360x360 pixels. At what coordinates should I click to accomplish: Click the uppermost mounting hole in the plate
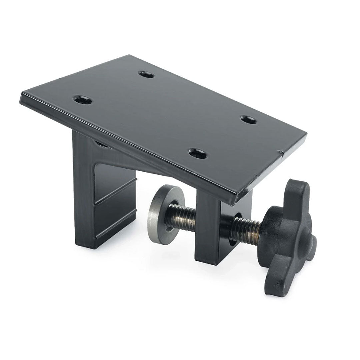point(146,74)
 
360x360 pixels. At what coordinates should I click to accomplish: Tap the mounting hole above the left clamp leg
point(83,100)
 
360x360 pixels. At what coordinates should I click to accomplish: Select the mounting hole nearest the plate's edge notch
point(249,120)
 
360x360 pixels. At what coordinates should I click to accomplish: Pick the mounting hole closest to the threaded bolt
point(197,154)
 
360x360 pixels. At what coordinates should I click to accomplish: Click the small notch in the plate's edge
point(281,153)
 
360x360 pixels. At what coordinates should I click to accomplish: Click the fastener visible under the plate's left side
point(100,144)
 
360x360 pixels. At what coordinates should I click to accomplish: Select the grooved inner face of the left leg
point(113,200)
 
